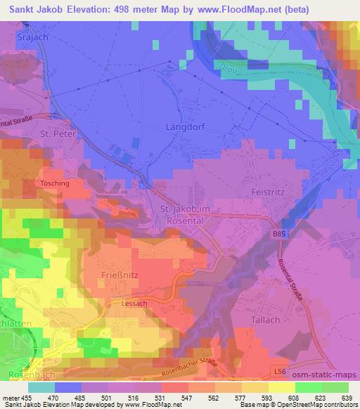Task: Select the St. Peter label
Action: coord(57,133)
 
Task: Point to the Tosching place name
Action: coord(54,183)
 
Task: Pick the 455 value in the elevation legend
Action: coord(27,397)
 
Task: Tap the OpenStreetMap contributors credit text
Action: coord(314,405)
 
